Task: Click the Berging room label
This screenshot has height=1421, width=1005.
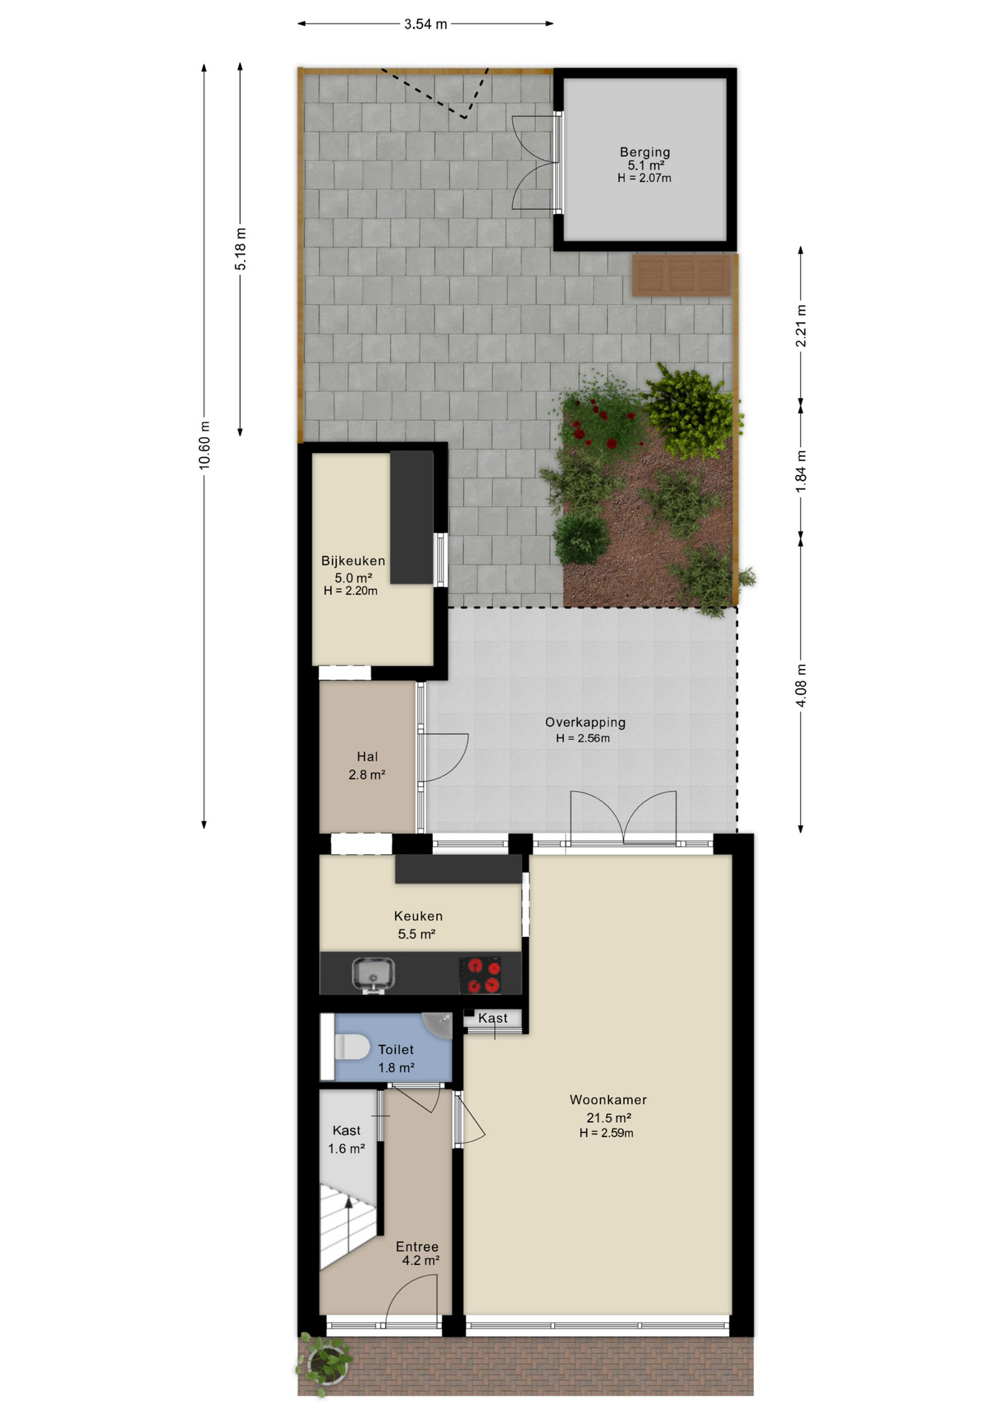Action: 645,152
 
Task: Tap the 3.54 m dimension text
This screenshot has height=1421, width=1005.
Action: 426,24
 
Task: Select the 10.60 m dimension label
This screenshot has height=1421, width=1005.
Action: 204,445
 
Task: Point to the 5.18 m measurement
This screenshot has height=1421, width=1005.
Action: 241,249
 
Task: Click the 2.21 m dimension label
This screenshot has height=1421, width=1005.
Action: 801,326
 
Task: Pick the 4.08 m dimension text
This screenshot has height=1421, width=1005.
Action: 801,685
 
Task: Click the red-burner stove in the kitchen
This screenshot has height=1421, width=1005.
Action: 480,975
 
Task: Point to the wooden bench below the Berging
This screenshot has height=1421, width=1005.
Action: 682,275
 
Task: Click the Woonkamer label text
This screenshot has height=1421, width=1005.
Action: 608,1100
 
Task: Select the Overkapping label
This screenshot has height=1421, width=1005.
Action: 585,722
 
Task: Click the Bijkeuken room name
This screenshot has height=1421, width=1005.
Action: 353,561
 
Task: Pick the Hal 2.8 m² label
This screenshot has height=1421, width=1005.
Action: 367,765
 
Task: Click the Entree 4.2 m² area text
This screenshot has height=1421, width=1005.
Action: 419,1253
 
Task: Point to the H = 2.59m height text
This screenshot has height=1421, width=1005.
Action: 606,1133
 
